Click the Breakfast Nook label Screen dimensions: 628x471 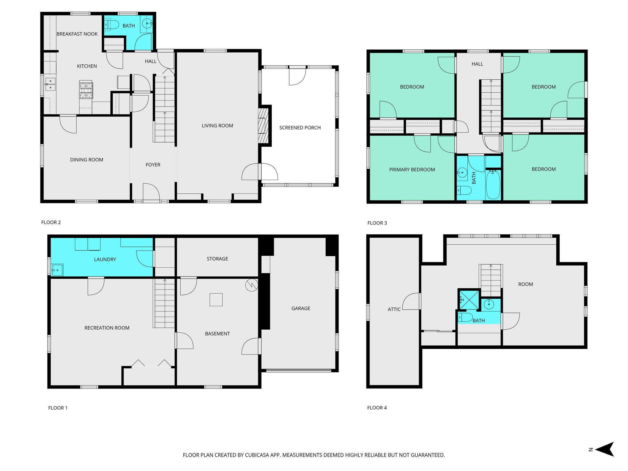click(x=77, y=34)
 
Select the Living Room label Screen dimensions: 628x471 click(x=217, y=126)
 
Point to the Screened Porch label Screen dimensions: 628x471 click(x=300, y=128)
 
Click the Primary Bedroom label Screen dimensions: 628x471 click(x=412, y=170)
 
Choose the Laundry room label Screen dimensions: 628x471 click(x=105, y=259)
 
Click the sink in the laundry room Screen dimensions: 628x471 click(x=57, y=270)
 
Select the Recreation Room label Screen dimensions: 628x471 click(x=107, y=328)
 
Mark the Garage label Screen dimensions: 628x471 click(x=301, y=308)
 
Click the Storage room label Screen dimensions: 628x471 click(x=217, y=259)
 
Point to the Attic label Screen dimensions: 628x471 click(x=394, y=309)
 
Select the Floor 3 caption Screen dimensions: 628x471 click(x=377, y=223)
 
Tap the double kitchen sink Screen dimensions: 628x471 click(x=50, y=84)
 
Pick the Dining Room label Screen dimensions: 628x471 click(x=87, y=160)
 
